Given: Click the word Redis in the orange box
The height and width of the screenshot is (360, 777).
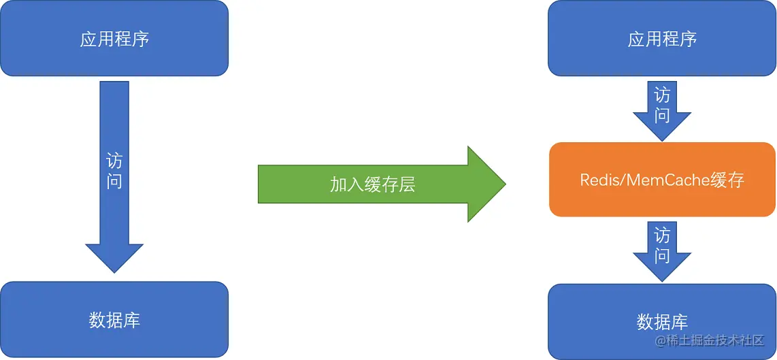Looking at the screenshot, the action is pos(597,180).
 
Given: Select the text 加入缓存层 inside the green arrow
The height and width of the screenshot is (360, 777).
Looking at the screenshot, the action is pos(372,184).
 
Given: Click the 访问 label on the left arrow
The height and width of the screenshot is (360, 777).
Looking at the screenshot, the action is pos(114,171).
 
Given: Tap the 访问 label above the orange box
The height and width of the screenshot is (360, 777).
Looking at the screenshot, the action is pos(662,105).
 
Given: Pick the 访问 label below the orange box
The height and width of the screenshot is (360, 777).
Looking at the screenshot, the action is pos(662,246).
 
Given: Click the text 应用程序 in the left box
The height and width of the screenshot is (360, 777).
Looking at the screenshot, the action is pos(114,39).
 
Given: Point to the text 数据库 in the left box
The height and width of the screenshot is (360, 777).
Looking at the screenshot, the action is pos(114,320).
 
